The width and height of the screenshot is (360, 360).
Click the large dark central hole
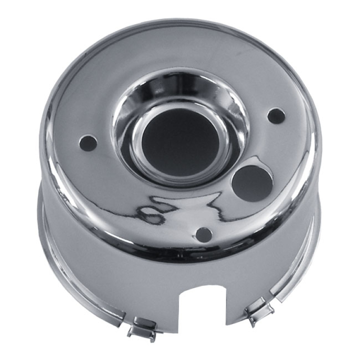click(x=180, y=142)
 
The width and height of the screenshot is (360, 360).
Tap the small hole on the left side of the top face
click(x=88, y=143)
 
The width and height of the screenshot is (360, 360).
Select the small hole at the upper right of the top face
click(x=276, y=116)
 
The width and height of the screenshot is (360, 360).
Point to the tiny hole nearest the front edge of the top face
click(x=204, y=234)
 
